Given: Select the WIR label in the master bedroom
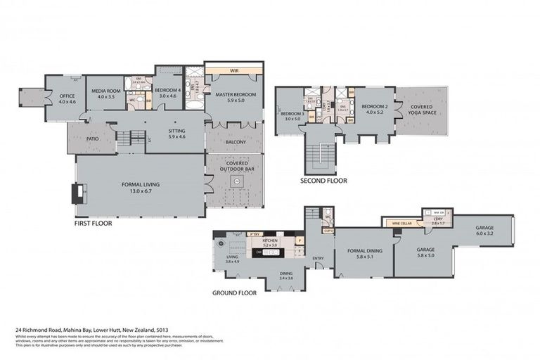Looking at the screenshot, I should click(235, 70).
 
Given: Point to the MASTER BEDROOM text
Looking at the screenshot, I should click(235, 94).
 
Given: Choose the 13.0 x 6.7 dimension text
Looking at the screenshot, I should click(141, 191).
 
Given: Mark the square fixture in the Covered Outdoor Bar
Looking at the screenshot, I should click(237, 181).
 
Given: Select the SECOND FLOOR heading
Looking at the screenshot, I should click(323, 181).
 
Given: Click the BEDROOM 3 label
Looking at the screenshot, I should click(291, 114).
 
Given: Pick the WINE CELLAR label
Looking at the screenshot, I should click(401, 224).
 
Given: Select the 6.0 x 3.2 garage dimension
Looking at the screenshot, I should click(484, 233).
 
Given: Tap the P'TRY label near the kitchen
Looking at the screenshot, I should click(255, 233).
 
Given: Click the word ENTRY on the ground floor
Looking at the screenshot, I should click(319, 258).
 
